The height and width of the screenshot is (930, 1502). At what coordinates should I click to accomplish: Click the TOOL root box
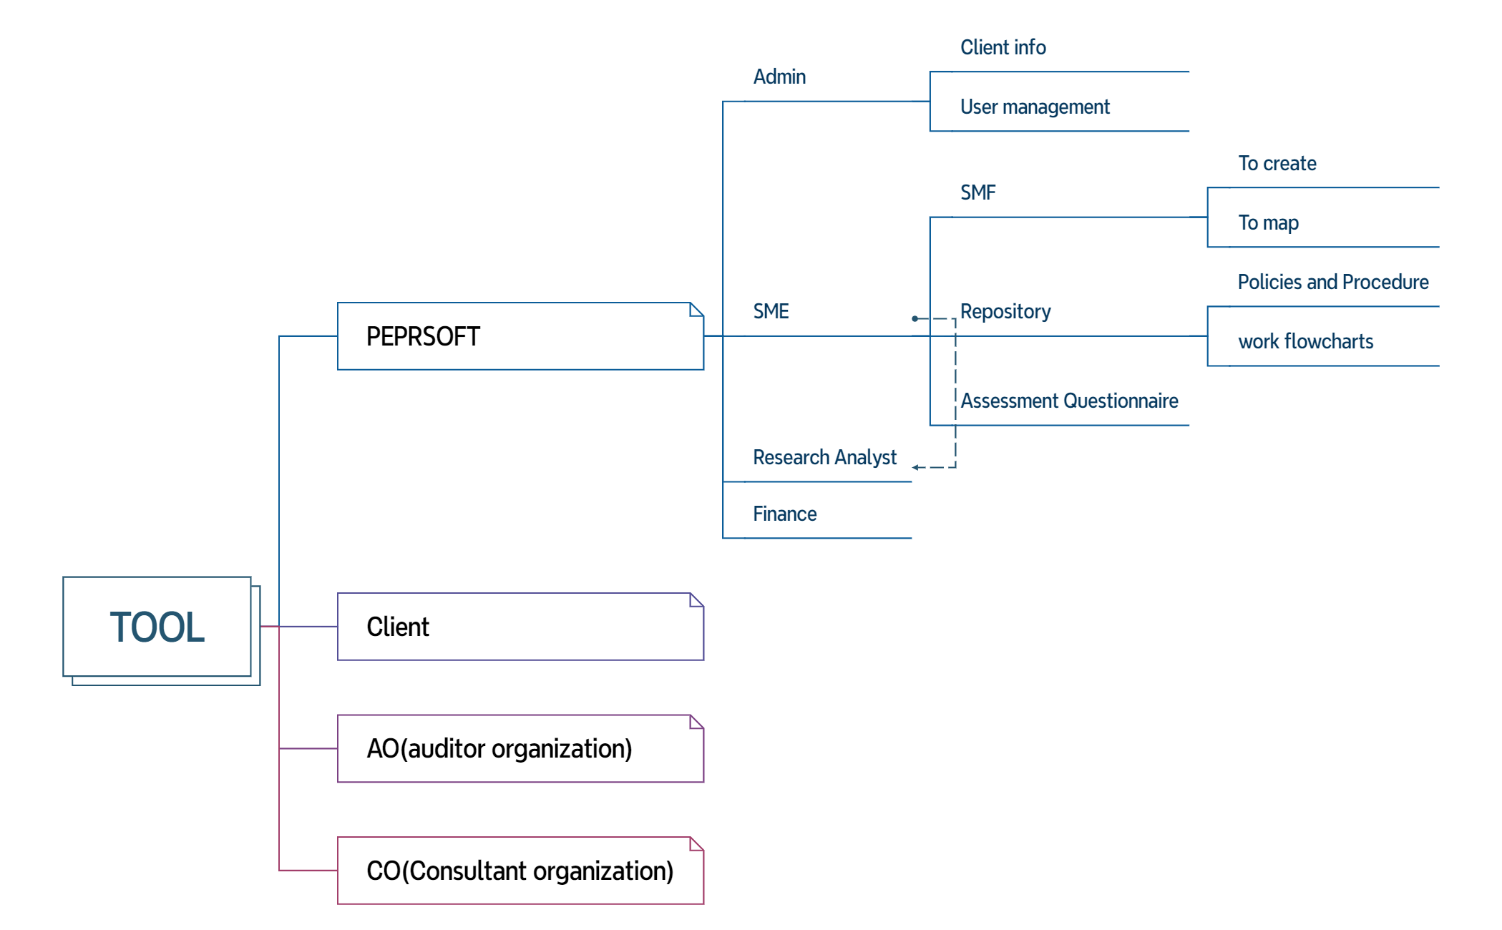coord(157,627)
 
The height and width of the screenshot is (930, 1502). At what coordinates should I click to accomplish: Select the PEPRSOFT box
coord(520,336)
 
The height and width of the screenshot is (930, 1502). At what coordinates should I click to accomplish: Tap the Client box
coord(520,627)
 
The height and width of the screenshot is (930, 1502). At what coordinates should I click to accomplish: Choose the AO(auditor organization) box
coord(520,748)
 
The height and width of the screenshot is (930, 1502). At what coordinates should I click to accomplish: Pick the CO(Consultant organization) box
coord(520,871)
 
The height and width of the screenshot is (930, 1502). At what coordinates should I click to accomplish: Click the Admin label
coord(779,77)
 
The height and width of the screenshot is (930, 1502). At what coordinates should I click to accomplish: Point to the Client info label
coord(1003,47)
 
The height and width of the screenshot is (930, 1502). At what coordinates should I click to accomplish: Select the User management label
coord(1035,107)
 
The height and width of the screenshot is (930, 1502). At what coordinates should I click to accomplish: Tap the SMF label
coord(977,192)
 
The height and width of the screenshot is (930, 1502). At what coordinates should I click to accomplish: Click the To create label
coord(1277,163)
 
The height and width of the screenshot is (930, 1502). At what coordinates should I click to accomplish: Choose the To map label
coord(1268,223)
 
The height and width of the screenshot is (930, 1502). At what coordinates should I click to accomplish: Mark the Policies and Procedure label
coord(1333,282)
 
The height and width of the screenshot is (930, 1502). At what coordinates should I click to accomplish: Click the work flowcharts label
coord(1306,341)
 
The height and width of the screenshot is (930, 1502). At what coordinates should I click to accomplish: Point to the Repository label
coord(1005,312)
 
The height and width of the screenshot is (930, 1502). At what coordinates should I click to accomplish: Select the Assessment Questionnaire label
coord(1069,401)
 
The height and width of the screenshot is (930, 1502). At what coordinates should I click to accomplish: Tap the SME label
coord(771,311)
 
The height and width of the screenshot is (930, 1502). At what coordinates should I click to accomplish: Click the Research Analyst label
coord(824,457)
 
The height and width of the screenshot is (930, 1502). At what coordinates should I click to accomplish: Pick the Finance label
coord(784,514)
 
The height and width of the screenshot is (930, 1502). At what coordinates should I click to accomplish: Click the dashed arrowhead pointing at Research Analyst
coord(916,468)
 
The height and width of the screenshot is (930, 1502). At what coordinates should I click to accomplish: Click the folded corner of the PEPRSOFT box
coord(696,309)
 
